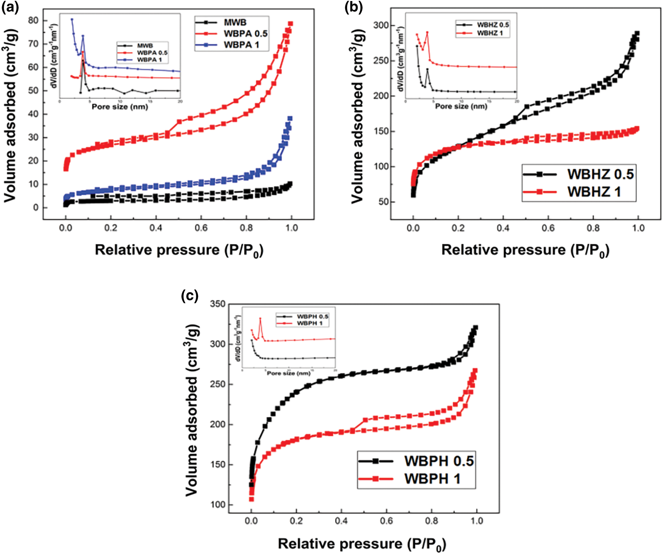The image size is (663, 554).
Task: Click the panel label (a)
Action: click(10, 7)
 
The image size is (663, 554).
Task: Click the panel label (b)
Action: click(353, 7)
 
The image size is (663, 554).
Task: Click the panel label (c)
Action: click(190, 296)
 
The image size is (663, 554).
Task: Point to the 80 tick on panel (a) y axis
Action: click(33, 21)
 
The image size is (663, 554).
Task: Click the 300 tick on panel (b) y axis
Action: click(380, 25)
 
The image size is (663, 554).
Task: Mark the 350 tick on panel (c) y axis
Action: click(218, 304)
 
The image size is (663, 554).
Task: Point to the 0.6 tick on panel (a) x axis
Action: click(201, 228)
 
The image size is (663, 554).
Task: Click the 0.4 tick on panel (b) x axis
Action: click(503, 228)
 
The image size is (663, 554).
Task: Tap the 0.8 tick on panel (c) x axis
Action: click(432, 521)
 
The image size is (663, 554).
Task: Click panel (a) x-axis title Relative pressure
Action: click(179, 250)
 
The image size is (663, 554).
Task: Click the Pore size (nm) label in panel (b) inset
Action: click(461, 106)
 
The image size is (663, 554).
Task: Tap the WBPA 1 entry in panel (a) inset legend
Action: click(149, 60)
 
